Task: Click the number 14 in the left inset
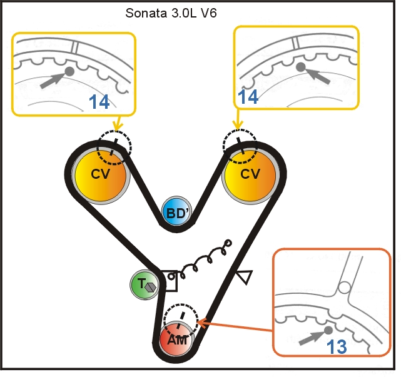(99, 102)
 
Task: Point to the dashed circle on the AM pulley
(182, 321)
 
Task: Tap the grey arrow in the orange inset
(312, 336)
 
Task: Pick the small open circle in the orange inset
(343, 288)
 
